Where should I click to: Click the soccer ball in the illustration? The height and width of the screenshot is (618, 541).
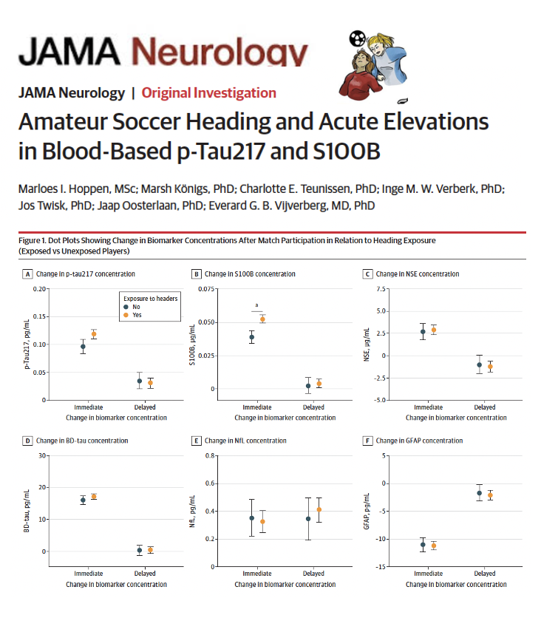[x=358, y=38]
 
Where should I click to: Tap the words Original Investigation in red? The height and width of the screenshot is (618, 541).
[x=209, y=93]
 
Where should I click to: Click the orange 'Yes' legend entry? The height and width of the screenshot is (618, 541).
[x=132, y=315]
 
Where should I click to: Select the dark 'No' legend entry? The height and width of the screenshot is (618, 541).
[x=132, y=307]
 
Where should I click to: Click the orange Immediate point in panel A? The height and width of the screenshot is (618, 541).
[x=94, y=334]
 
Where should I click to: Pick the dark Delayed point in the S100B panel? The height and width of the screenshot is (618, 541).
[x=308, y=386]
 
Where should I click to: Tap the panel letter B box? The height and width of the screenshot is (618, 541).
[x=196, y=274]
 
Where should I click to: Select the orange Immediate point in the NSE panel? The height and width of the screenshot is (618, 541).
[x=434, y=330]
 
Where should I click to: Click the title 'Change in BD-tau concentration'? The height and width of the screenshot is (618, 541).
[x=82, y=441]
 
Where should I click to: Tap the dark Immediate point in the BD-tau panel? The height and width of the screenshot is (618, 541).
[x=83, y=500]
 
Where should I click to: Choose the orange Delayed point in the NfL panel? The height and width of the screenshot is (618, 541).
[x=319, y=509]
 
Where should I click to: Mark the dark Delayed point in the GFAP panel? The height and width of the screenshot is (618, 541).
[x=479, y=493]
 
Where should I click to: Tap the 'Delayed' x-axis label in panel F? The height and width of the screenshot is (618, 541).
[x=485, y=574]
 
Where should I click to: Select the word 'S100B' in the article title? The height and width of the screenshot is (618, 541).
[x=347, y=152]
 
